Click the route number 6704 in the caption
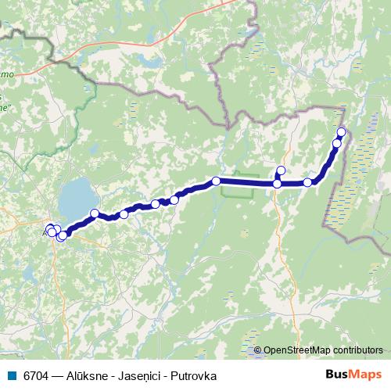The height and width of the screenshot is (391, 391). (34, 375)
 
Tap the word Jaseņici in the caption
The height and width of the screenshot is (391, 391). (141, 375)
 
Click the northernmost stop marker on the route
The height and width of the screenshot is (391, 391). (341, 131)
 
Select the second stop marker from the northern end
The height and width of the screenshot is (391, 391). (337, 143)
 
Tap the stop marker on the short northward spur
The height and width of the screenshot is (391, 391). (281, 170)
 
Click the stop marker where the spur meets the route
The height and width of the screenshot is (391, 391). (277, 184)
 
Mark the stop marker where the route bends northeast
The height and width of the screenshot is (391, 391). (307, 182)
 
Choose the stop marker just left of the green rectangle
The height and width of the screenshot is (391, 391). (216, 181)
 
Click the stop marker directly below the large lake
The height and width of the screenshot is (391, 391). (95, 213)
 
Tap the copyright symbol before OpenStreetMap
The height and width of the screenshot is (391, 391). (259, 350)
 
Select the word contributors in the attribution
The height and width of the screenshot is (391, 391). (357, 350)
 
